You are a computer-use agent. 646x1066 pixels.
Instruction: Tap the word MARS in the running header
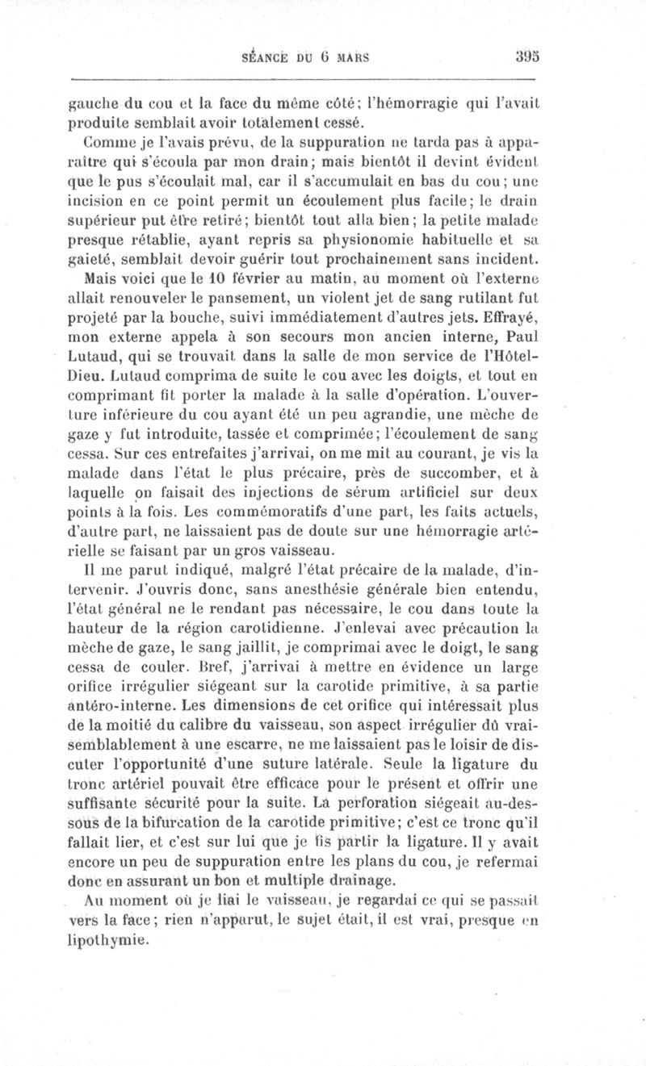click(351, 57)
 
